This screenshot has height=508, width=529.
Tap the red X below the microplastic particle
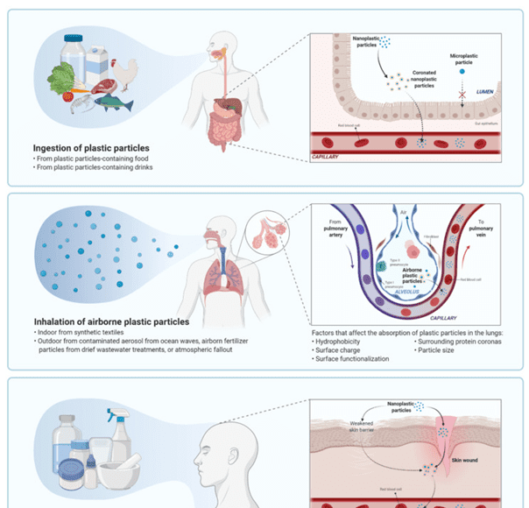coord(463,90)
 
